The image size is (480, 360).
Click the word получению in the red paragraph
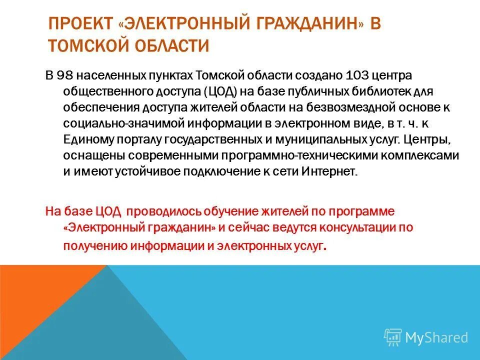tap(95, 245)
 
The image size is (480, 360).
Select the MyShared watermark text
tap(436, 337)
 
